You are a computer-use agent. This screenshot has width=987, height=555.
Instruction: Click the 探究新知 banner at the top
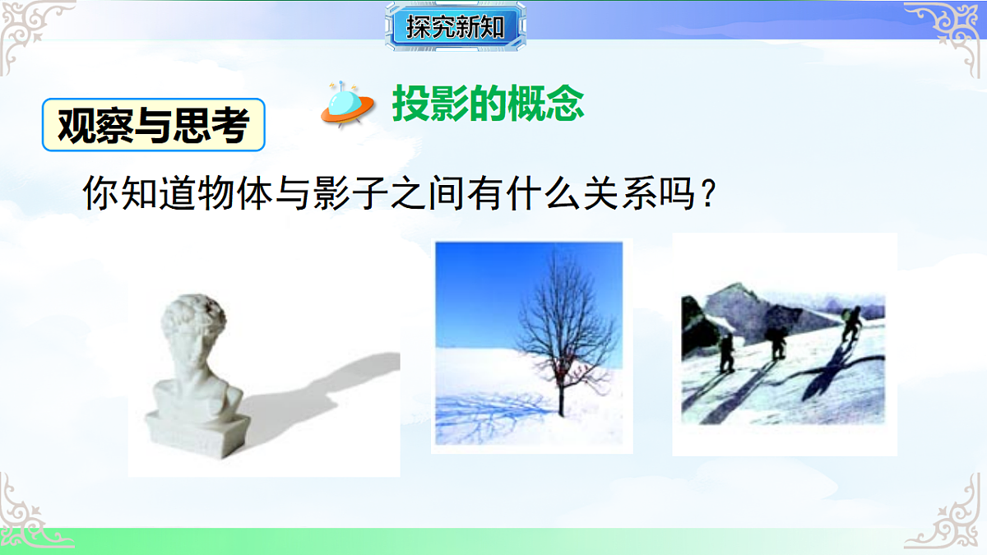(454, 27)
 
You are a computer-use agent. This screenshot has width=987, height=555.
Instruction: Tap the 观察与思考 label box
(154, 126)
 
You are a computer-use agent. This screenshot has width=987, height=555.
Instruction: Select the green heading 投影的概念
(489, 104)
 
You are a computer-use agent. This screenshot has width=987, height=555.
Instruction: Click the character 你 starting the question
(100, 195)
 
